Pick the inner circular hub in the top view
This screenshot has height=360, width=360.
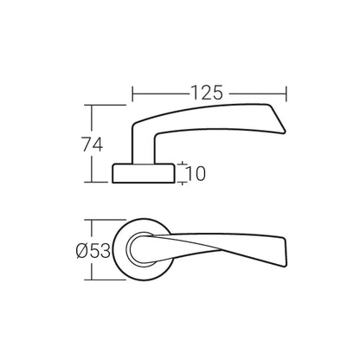[138, 251]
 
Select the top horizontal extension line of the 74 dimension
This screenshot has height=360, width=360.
[104, 105]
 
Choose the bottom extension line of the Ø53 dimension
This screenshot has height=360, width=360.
[104, 283]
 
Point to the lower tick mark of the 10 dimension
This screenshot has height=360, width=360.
[182, 183]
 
